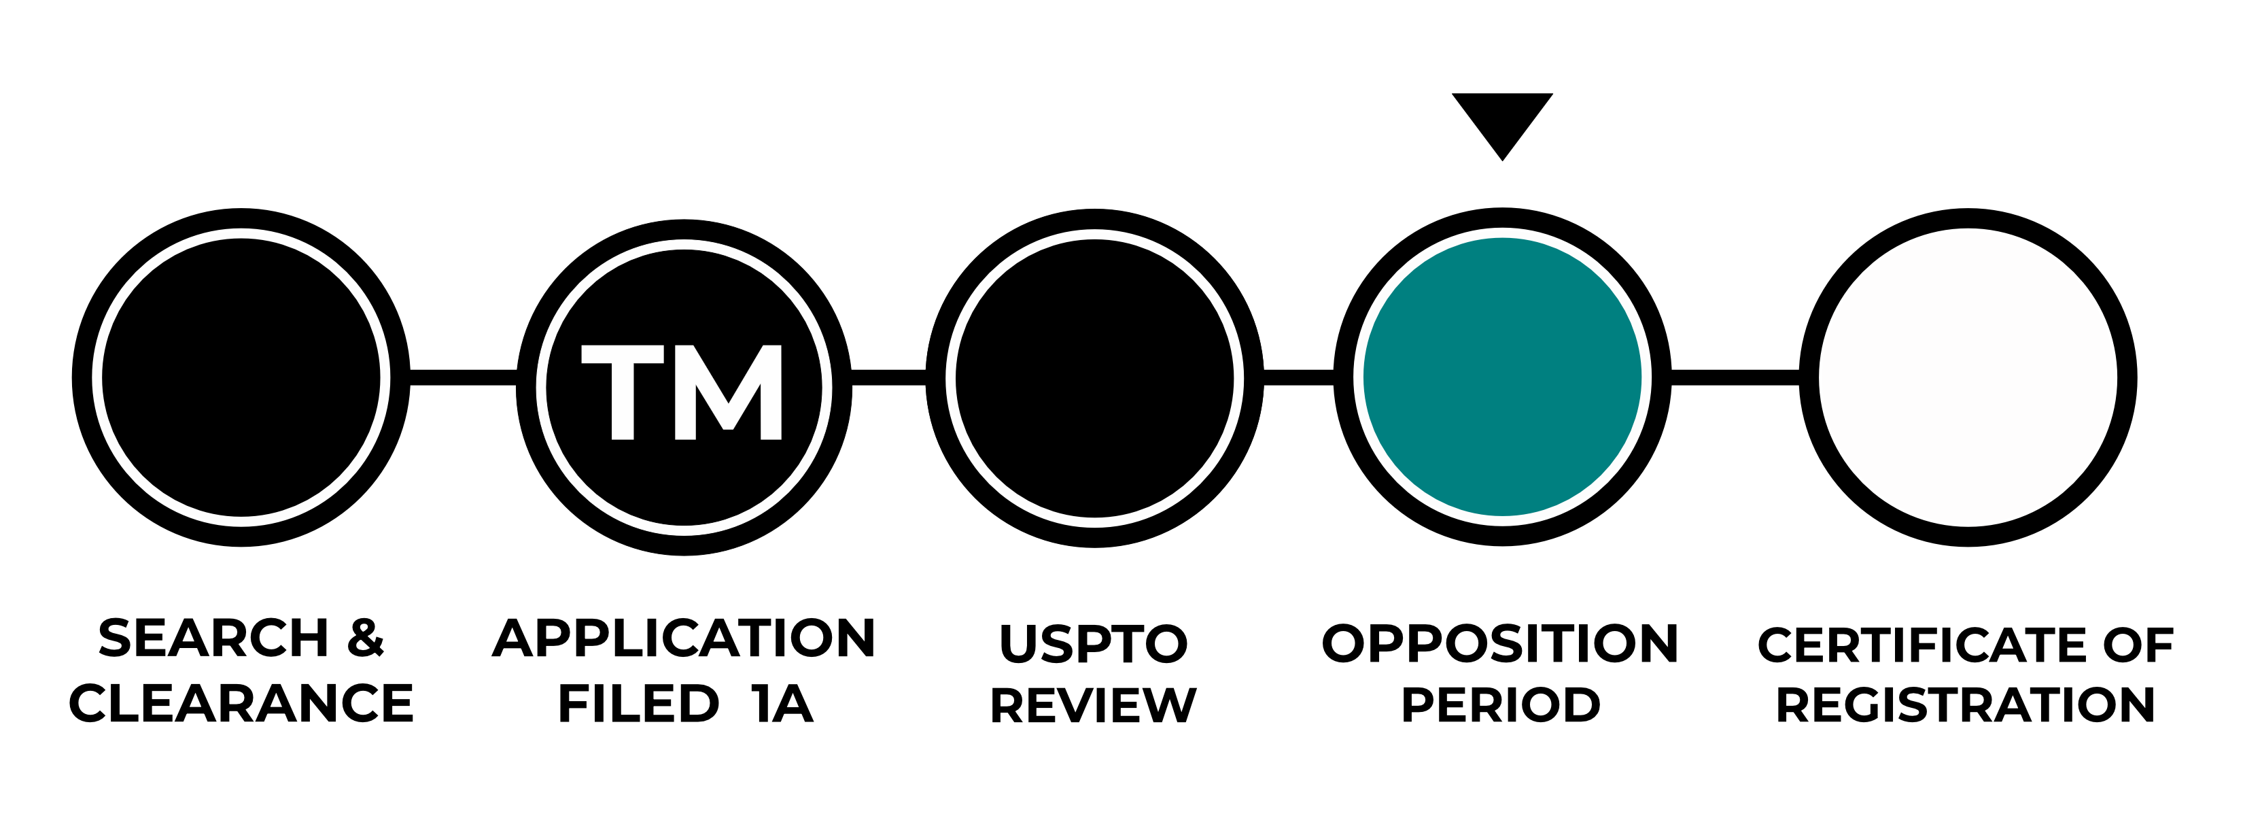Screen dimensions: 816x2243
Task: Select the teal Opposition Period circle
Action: point(1502,377)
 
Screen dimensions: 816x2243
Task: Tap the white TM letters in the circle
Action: point(682,392)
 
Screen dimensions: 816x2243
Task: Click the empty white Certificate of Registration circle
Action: point(1968,377)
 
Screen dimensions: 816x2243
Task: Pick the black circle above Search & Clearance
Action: point(241,377)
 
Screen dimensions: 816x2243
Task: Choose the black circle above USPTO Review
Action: point(1094,377)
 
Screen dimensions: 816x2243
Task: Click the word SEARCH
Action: point(213,639)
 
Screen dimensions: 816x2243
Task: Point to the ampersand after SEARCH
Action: point(365,639)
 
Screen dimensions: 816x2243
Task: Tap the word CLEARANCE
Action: point(241,704)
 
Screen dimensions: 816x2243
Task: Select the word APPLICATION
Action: point(684,639)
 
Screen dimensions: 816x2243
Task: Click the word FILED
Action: point(638,704)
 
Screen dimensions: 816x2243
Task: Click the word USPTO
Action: point(1094,643)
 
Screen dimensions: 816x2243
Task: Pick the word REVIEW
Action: point(1094,704)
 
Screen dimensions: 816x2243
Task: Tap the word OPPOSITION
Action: point(1499,643)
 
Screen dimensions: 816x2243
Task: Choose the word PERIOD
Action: point(1500,704)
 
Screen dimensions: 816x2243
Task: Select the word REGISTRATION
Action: point(1965,704)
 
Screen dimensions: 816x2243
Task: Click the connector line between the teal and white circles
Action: point(1735,377)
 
